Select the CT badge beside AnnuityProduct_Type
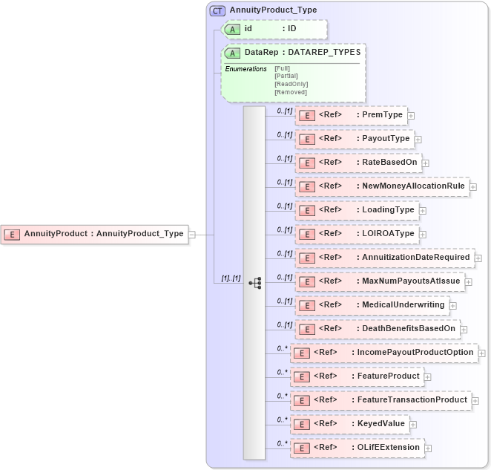click(x=217, y=10)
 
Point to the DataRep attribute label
click(x=256, y=53)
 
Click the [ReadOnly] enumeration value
click(x=291, y=84)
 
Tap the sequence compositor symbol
click(x=254, y=283)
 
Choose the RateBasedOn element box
click(x=358, y=163)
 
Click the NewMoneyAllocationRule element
click(x=382, y=186)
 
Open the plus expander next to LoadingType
click(x=423, y=211)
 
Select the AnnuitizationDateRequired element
click(x=385, y=258)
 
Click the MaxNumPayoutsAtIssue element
click(x=380, y=281)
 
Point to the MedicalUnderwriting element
click(x=372, y=305)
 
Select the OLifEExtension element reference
click(x=357, y=448)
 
